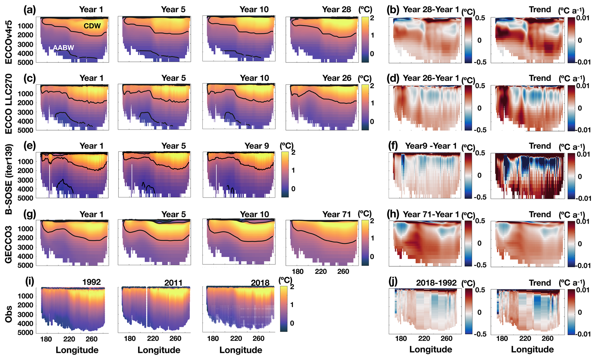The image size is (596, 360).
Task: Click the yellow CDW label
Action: tap(92, 26)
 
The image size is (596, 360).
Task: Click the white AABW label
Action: tap(63, 48)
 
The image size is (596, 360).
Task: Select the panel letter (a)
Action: tap(30, 10)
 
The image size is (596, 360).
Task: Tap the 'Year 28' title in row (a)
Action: tap(336, 10)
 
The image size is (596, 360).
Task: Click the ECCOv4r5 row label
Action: tap(9, 42)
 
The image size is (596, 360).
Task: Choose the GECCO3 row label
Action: tap(9, 245)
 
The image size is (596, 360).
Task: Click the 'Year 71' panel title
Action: tap(336, 214)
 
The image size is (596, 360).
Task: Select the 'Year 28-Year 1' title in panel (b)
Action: tap(431, 10)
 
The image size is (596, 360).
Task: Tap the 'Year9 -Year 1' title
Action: tap(431, 146)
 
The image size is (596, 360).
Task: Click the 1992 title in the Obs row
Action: tap(91, 282)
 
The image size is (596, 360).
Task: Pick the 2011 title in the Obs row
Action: tap(173, 283)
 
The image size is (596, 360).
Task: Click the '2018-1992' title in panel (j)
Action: tap(436, 283)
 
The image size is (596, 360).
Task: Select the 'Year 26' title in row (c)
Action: tap(337, 78)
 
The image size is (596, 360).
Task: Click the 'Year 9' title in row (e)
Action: tap(257, 146)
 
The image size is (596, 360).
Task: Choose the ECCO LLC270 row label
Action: tap(9, 104)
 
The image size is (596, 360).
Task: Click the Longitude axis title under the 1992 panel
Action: tap(77, 350)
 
